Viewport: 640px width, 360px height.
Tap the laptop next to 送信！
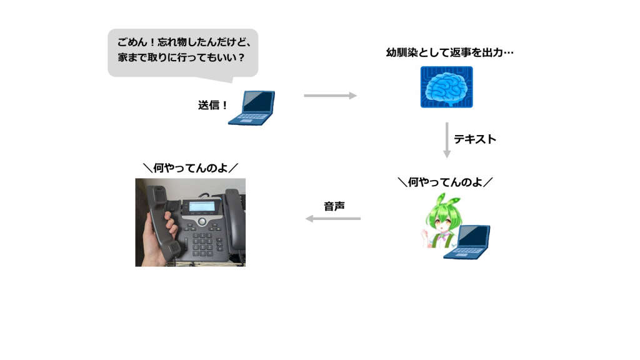pyautogui.click(x=252, y=108)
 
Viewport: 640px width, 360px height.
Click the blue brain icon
pyautogui.click(x=446, y=88)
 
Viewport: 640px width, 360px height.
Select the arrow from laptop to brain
pyautogui.click(x=330, y=96)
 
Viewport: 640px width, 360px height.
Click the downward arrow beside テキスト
pyautogui.click(x=447, y=140)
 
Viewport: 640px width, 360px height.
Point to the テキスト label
pyautogui.click(x=475, y=139)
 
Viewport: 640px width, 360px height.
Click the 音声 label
pyautogui.click(x=334, y=206)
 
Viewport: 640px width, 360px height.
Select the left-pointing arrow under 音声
pyautogui.click(x=332, y=219)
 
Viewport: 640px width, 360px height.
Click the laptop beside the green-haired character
pyautogui.click(x=468, y=243)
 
